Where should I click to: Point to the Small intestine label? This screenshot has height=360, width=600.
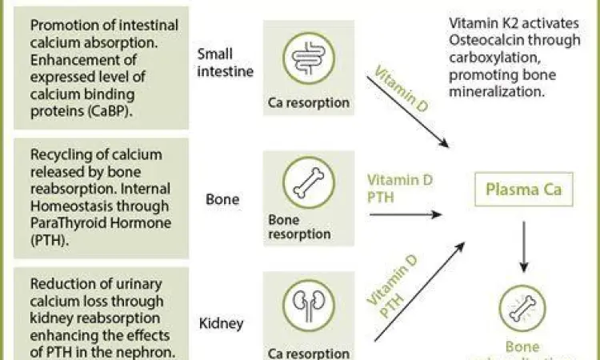pos(225,62)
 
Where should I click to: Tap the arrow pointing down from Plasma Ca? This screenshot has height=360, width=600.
pos(523,246)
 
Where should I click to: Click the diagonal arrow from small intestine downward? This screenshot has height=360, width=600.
pos(409,109)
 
